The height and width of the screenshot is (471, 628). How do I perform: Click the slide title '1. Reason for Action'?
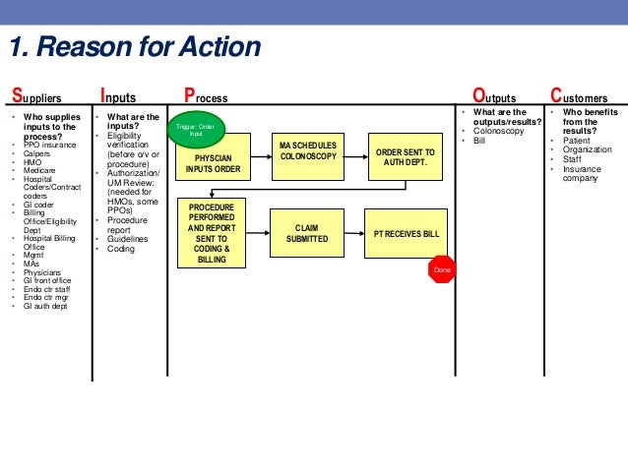click(x=135, y=47)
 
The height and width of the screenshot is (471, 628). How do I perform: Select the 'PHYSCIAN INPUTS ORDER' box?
click(x=213, y=162)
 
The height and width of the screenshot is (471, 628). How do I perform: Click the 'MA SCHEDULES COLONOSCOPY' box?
click(x=308, y=151)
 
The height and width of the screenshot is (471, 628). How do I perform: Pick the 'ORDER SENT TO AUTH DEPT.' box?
click(x=404, y=157)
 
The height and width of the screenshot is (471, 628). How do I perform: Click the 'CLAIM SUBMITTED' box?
click(x=307, y=234)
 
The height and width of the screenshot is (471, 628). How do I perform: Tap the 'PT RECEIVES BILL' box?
click(x=405, y=234)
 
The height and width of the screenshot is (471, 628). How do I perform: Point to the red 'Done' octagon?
click(x=442, y=268)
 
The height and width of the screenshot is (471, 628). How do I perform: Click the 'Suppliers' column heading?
click(x=36, y=97)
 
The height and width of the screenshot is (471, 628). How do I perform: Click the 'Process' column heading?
click(x=206, y=97)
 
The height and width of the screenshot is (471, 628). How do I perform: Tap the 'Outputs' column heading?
click(x=494, y=97)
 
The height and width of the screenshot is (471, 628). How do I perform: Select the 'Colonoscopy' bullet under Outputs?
click(x=498, y=131)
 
